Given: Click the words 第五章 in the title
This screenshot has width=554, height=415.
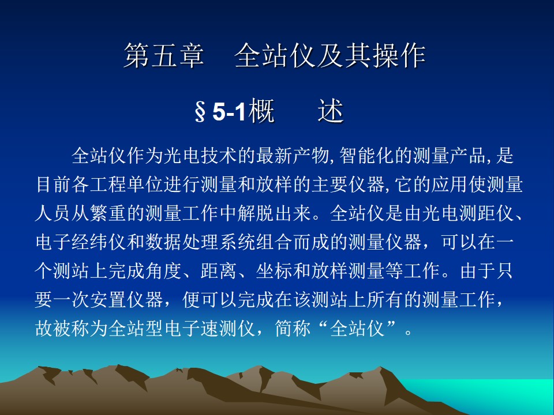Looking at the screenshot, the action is click(x=164, y=55).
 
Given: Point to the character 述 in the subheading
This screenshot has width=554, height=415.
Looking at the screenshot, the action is click(x=331, y=111).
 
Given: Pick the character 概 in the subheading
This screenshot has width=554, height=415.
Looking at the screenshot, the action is click(x=262, y=111).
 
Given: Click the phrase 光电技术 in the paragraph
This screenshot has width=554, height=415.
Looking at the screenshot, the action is click(x=200, y=156).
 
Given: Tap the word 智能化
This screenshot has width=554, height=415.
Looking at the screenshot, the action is click(x=366, y=156).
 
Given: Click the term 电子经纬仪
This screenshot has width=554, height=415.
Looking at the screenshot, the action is click(x=81, y=242).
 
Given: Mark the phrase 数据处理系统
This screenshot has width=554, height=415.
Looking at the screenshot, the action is click(x=200, y=242).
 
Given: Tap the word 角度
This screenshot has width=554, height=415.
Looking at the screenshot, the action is click(x=164, y=271).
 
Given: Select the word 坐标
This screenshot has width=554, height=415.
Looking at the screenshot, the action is click(x=274, y=271).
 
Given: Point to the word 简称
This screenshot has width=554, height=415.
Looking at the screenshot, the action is click(x=293, y=329).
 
